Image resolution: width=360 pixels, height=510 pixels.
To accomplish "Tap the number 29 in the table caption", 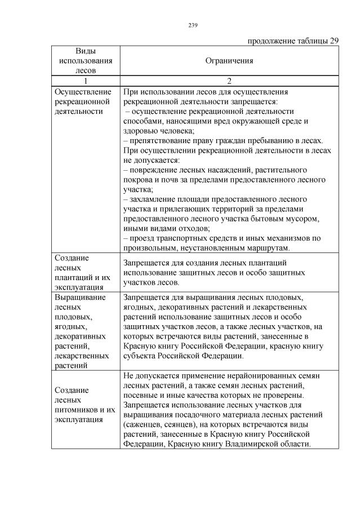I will click(334, 41).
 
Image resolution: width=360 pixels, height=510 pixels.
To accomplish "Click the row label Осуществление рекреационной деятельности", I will click(81, 101).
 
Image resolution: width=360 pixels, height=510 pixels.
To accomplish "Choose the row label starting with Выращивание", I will click(81, 330).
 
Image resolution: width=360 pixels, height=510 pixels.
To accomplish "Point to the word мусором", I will click(305, 219).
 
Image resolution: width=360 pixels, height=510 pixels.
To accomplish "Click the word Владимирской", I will click(255, 444).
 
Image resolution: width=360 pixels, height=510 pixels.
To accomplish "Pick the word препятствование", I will click(159, 140).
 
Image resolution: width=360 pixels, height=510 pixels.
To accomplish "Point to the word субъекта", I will click(139, 356).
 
